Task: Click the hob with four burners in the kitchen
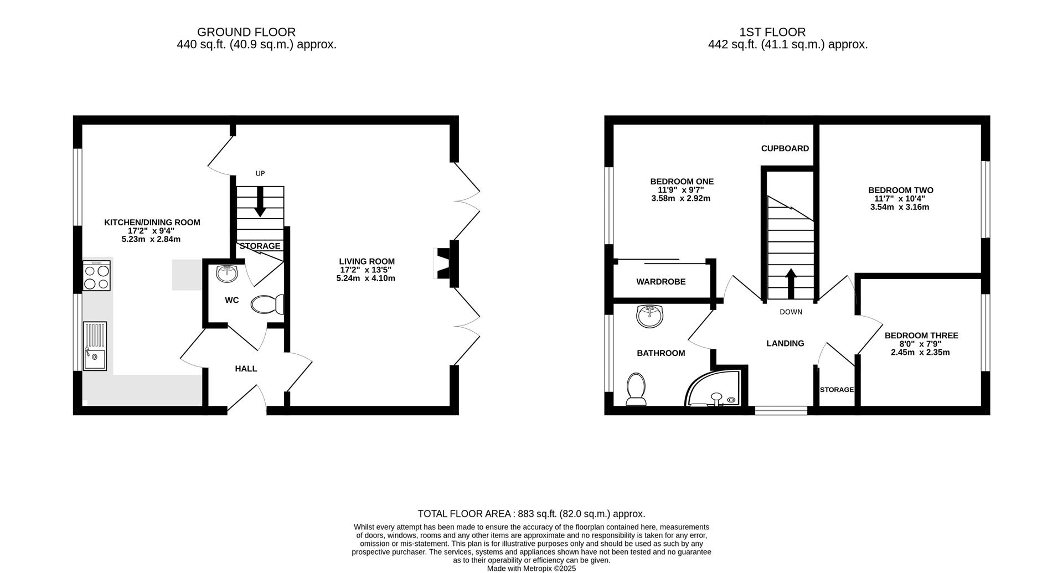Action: pyautogui.click(x=97, y=276)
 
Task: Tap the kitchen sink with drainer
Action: pyautogui.click(x=95, y=346)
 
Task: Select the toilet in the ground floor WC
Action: pyautogui.click(x=267, y=304)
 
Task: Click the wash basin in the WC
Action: pyautogui.click(x=226, y=273)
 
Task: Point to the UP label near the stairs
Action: pyautogui.click(x=260, y=173)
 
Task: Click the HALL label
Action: pyautogui.click(x=246, y=369)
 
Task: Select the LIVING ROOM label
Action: pyautogui.click(x=367, y=261)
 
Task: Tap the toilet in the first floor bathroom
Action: pyautogui.click(x=636, y=389)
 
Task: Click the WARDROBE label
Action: pyautogui.click(x=660, y=282)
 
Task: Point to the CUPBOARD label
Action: pyautogui.click(x=785, y=148)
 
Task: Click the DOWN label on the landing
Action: pyautogui.click(x=791, y=312)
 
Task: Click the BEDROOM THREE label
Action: pyautogui.click(x=921, y=335)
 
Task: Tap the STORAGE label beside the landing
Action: pyautogui.click(x=837, y=390)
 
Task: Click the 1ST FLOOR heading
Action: pyautogui.click(x=787, y=32)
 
